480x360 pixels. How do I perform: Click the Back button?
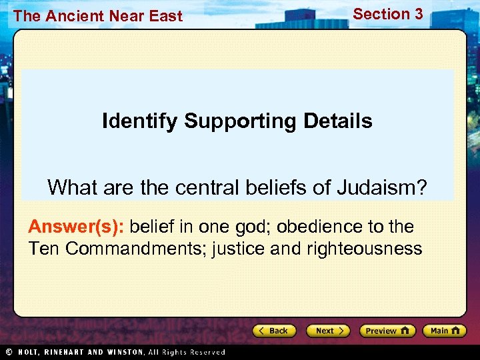click(x=273, y=331)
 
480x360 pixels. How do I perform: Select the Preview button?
click(x=387, y=331)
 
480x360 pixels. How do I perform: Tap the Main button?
click(x=446, y=331)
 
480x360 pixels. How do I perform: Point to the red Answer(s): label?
click(x=77, y=227)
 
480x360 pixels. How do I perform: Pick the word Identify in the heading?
click(x=140, y=121)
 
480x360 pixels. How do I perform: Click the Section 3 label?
click(x=387, y=14)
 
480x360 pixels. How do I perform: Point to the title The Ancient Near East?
click(x=97, y=17)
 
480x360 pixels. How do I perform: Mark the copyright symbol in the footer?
click(x=9, y=352)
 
